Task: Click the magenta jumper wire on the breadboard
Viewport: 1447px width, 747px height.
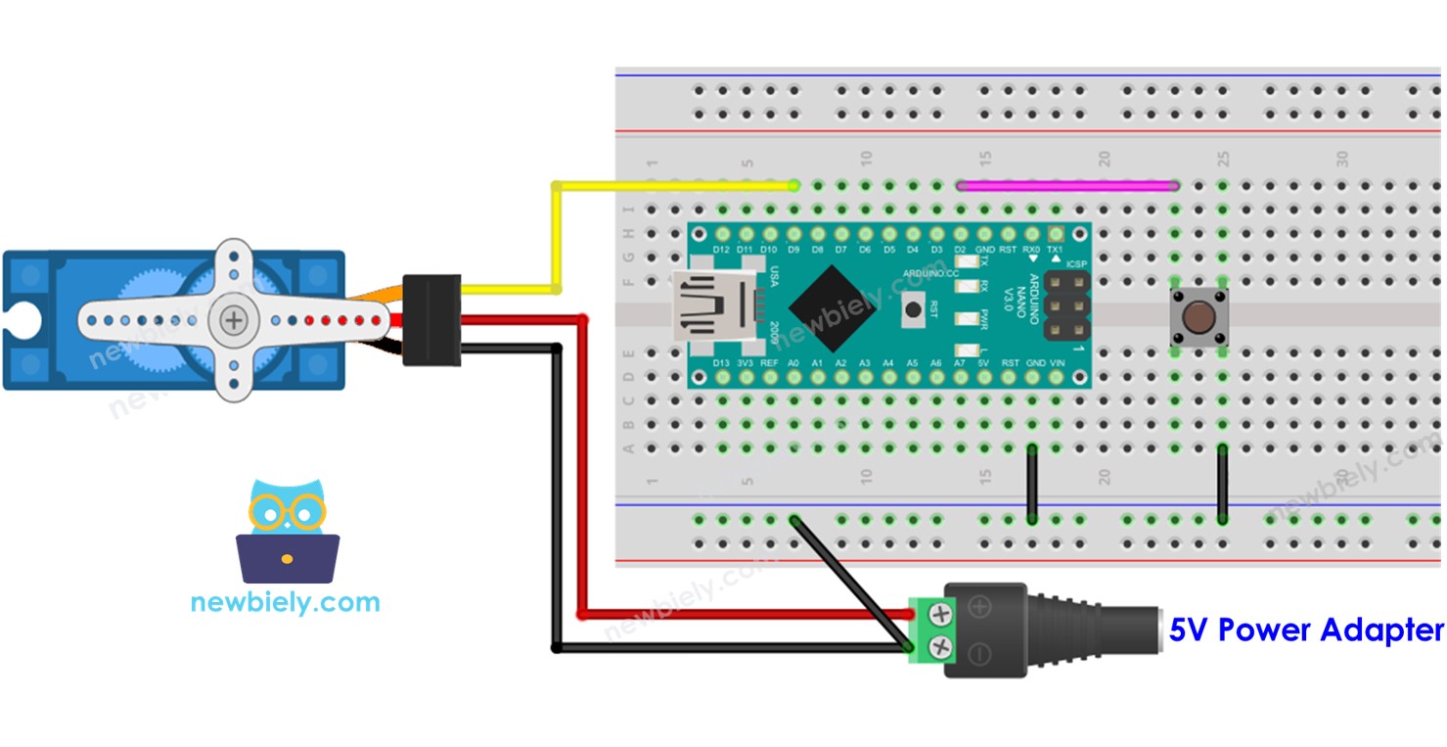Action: pos(1066,184)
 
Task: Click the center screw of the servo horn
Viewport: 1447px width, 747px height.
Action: pos(233,319)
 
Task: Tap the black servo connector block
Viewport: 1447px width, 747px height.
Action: pos(431,319)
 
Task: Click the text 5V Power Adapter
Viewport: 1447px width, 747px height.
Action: pos(1305,630)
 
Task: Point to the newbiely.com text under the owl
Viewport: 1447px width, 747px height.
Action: pos(285,601)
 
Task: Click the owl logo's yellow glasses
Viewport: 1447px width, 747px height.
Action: pos(286,511)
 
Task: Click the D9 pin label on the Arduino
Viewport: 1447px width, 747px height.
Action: pos(793,251)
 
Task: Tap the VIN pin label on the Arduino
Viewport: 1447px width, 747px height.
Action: pos(1056,363)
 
